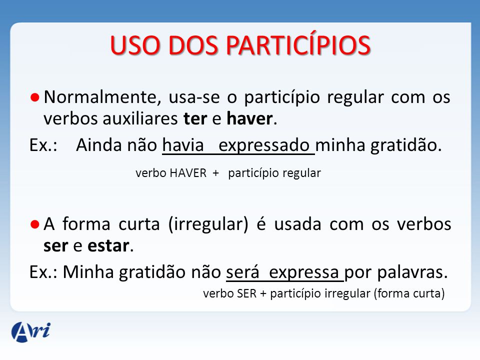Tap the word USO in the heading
click(x=135, y=45)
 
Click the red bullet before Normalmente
click(x=35, y=97)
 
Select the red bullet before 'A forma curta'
click(x=35, y=224)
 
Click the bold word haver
click(x=250, y=118)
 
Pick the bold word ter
click(x=195, y=119)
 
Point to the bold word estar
click(x=108, y=246)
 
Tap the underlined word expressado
click(x=264, y=145)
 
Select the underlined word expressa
click(x=303, y=272)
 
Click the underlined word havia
click(x=183, y=145)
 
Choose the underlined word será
click(x=243, y=271)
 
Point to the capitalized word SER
click(x=246, y=293)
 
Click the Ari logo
click(x=31, y=331)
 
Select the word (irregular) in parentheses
click(x=208, y=224)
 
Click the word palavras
click(x=412, y=272)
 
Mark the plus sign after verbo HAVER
click(x=216, y=173)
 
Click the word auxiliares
click(x=140, y=119)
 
